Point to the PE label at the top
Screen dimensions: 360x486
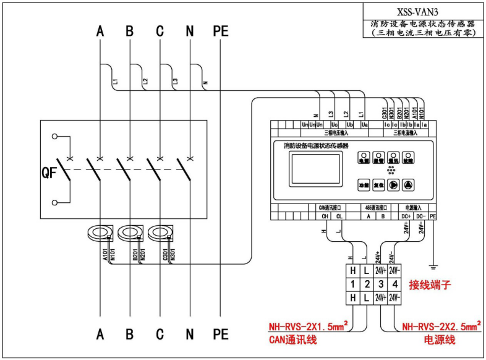[220, 30]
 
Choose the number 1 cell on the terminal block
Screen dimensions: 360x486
[352, 285]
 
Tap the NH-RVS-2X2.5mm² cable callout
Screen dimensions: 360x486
[441, 327]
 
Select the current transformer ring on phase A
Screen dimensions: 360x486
[100, 233]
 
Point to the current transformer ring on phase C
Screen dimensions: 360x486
[160, 233]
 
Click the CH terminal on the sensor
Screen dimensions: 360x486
[324, 216]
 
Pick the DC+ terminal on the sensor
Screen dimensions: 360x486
[406, 216]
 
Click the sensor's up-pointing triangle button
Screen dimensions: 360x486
[409, 184]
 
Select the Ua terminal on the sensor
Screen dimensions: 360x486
[364, 125]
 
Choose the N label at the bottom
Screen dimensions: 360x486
[189, 335]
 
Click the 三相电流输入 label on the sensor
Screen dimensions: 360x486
[406, 132]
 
